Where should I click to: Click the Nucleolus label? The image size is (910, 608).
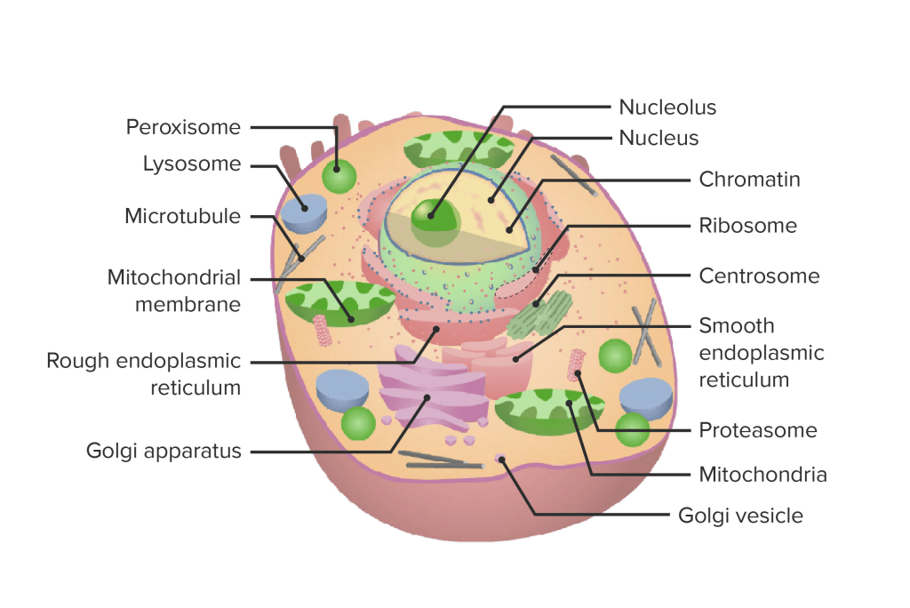667,108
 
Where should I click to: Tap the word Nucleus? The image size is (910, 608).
659,138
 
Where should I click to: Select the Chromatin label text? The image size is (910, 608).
749,180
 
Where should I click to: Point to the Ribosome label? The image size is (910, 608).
747,226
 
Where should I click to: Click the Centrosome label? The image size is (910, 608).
759,276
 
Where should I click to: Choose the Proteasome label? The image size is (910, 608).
758,430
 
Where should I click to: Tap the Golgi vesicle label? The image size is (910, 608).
740,516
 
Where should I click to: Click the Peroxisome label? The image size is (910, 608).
183,127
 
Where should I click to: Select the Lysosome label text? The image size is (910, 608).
192,164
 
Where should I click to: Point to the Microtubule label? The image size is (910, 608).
182,216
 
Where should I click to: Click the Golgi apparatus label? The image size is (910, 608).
164,451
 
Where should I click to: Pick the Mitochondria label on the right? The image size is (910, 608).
762,475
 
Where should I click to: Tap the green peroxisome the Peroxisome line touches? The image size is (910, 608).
338,177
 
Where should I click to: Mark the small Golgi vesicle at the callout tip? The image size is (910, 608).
502,459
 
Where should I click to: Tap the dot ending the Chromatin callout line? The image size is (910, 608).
508,231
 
